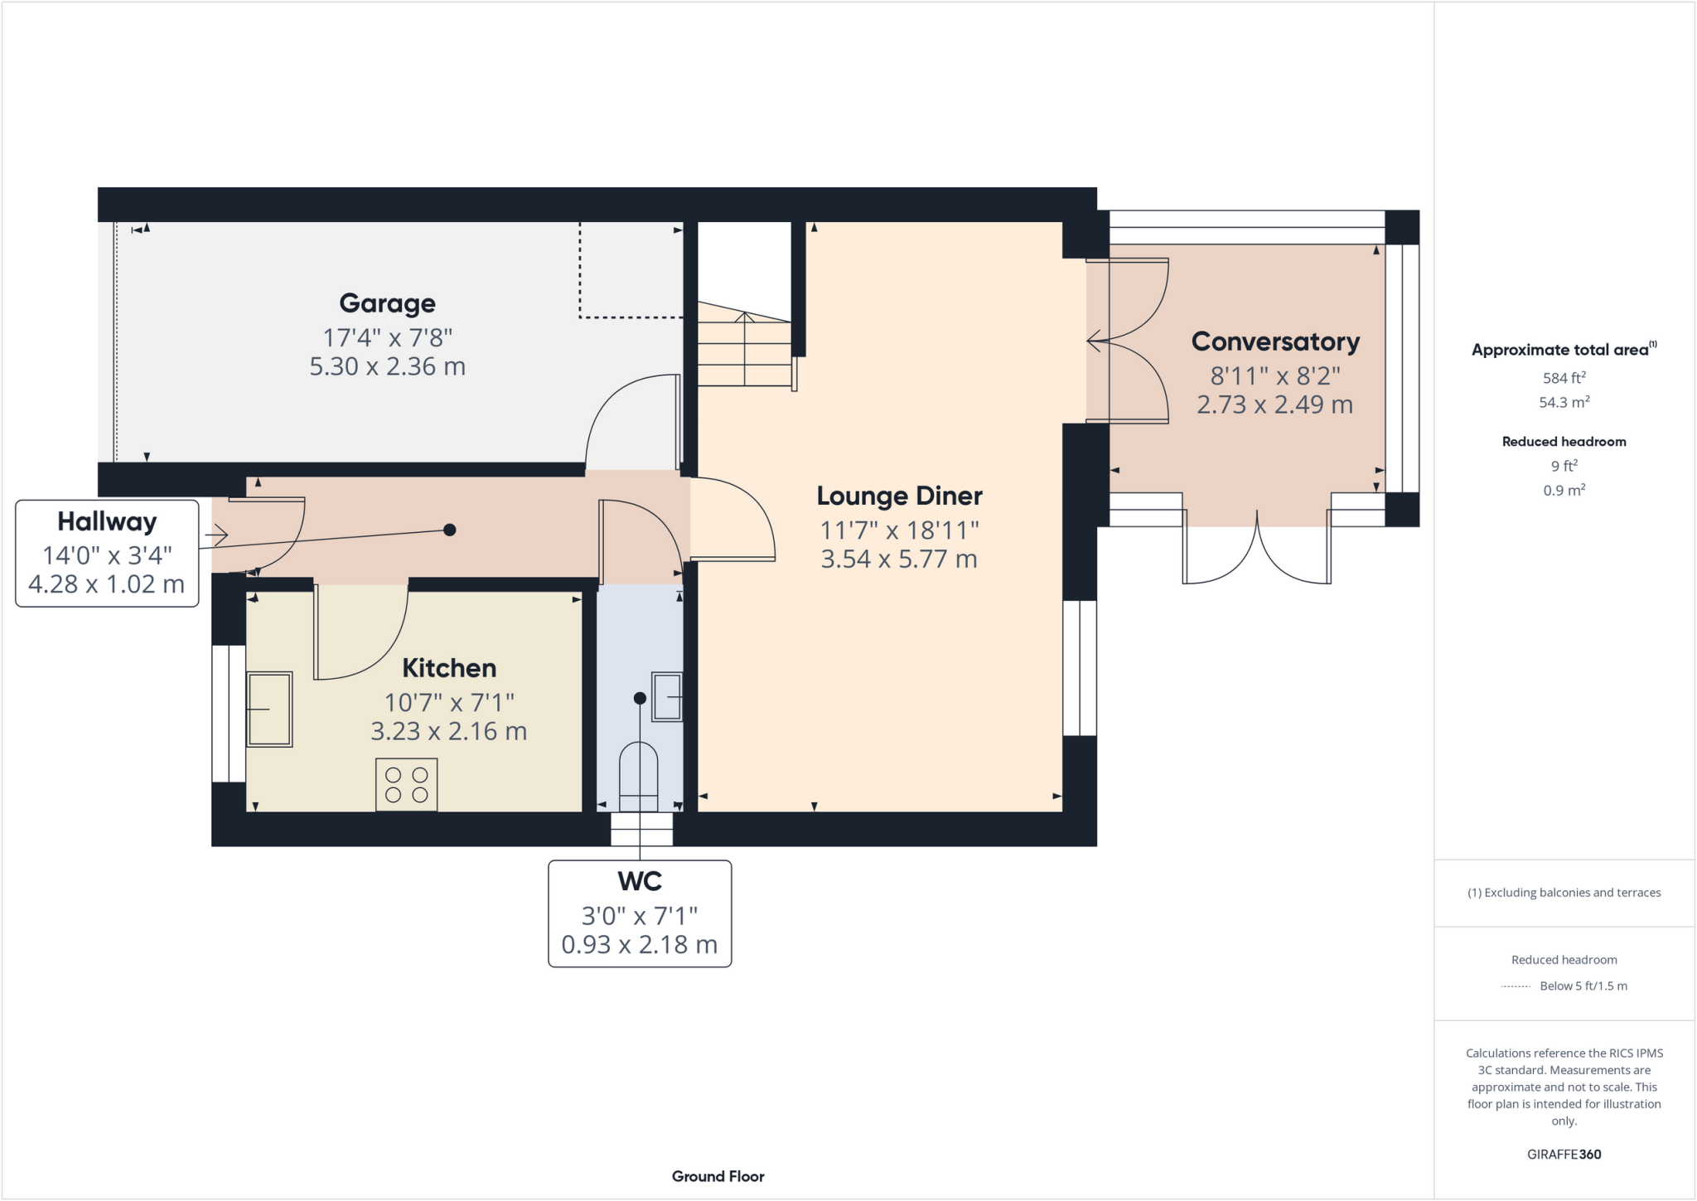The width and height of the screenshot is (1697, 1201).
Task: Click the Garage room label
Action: [x=387, y=303]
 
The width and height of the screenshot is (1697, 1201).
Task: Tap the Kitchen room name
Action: [x=449, y=668]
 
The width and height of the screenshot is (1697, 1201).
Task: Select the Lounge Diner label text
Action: [x=899, y=496]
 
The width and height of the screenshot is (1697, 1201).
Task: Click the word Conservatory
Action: [x=1275, y=341]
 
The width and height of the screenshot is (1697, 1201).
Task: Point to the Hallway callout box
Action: [x=107, y=553]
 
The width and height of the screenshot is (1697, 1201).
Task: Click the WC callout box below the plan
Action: [x=640, y=913]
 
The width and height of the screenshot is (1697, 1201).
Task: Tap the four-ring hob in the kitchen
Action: [x=406, y=784]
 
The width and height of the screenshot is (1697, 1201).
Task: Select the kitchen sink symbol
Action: [x=269, y=709]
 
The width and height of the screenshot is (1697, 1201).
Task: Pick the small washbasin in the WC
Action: [x=668, y=697]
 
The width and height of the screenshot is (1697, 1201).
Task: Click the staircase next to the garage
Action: [x=743, y=348]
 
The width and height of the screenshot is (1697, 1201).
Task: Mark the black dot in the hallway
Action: [x=450, y=530]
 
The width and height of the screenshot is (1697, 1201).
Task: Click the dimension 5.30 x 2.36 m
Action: [x=387, y=366]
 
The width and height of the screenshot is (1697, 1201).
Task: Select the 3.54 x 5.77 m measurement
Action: [x=899, y=559]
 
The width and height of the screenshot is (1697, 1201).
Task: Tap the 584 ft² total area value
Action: [x=1564, y=378]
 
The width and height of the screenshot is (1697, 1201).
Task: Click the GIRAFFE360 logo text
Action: [x=1564, y=1154]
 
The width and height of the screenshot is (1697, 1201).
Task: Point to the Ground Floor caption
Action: [x=718, y=1176]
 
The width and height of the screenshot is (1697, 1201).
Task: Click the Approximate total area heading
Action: [x=1563, y=350]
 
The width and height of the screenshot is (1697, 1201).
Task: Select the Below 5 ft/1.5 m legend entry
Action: [x=1583, y=985]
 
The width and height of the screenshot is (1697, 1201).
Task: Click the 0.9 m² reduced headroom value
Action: [x=1564, y=490]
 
